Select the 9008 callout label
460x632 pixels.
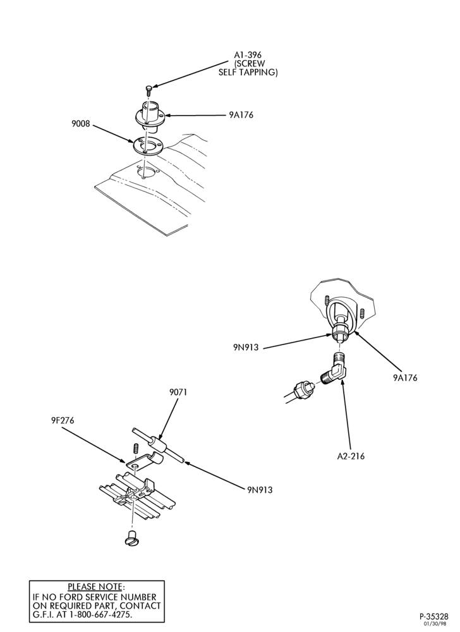81,123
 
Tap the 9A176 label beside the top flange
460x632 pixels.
241,115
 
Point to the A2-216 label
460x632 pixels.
351,456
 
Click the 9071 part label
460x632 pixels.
178,392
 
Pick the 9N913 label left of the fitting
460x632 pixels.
245,348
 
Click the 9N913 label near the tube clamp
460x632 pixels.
260,490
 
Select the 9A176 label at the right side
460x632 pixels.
405,378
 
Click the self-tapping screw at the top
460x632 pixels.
148,90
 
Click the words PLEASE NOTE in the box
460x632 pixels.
95,586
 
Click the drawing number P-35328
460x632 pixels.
434,617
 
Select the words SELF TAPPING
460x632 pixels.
248,73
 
